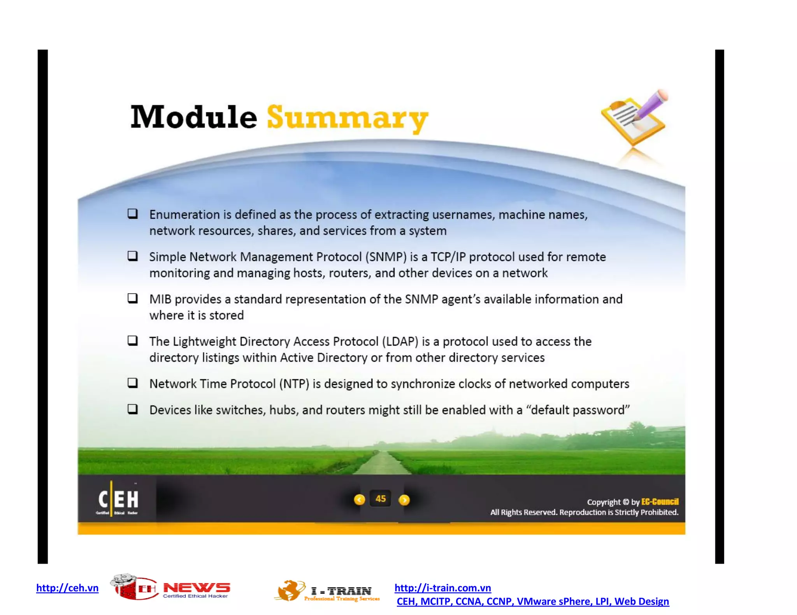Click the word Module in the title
coord(193,117)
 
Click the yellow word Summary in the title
coord(347,118)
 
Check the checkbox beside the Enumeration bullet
coord(133,214)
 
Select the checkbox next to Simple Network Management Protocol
coord(133,256)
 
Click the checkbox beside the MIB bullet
coord(133,299)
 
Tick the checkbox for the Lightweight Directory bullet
coord(133,341)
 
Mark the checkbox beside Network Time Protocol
coord(133,383)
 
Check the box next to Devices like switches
coord(133,409)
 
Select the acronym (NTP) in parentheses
coord(294,384)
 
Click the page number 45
coord(381,499)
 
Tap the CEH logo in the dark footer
coord(118,500)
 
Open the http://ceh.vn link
coord(67,588)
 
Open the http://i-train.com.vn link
coord(442,588)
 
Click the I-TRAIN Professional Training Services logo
coord(327,591)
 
